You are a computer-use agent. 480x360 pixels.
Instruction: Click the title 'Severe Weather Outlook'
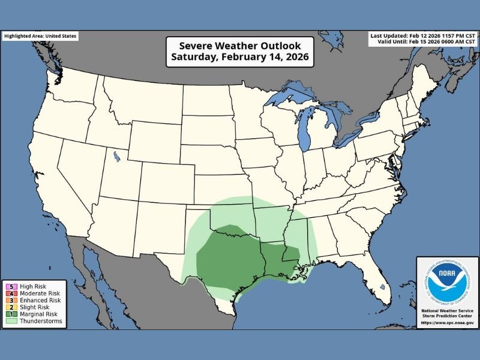[239, 46]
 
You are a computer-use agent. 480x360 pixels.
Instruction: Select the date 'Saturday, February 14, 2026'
[239, 58]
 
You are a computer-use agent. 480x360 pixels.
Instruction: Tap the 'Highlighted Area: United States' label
[40, 36]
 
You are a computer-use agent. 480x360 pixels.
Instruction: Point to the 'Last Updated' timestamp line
[424, 36]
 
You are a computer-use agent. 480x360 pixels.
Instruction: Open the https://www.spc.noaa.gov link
[447, 322]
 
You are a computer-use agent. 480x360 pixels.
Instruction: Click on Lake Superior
[288, 96]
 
